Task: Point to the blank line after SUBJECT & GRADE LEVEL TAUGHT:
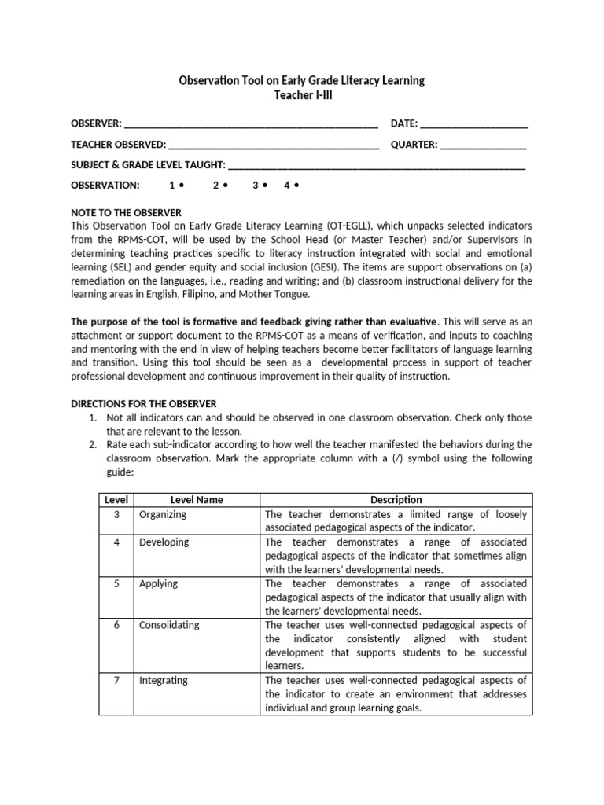[376, 167]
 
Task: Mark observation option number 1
[175, 186]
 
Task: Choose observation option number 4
[291, 186]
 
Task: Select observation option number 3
[260, 186]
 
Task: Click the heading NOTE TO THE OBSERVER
[126, 213]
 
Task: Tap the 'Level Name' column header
[197, 500]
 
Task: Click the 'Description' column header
[396, 500]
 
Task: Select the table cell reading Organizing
[163, 515]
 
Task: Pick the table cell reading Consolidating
[169, 626]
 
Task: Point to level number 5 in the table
[116, 584]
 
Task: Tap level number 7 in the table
[116, 681]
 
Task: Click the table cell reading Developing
[164, 542]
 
